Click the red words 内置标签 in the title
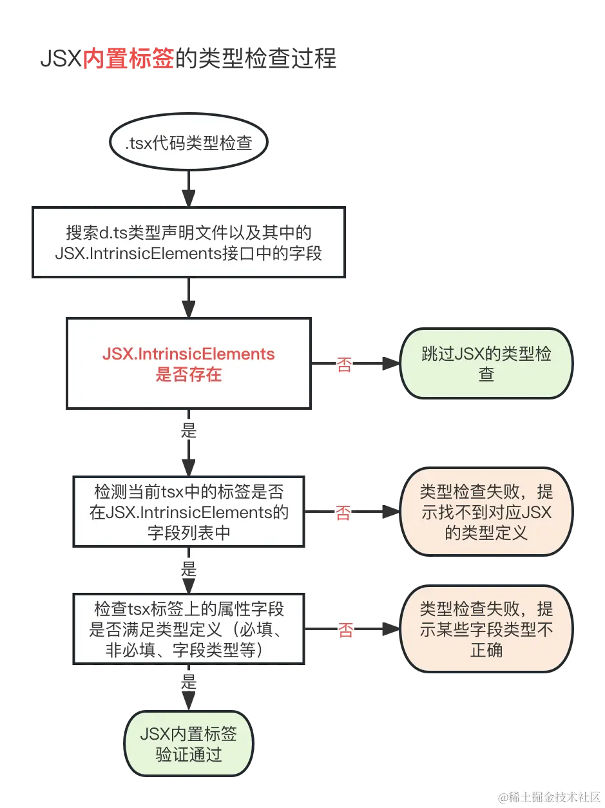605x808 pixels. (128, 59)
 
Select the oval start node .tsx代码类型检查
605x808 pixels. (188, 144)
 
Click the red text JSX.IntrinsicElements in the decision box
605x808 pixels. (188, 354)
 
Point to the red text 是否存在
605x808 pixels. (188, 374)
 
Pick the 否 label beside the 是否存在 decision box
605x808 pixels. (345, 365)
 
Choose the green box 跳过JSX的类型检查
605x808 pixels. (486, 364)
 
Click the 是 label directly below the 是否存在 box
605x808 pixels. (189, 430)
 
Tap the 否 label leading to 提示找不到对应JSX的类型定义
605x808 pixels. (343, 513)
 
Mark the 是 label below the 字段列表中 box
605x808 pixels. (189, 570)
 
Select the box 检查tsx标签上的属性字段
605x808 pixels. (188, 629)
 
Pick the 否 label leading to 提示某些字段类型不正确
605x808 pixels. (345, 630)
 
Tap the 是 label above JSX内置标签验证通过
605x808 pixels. (189, 682)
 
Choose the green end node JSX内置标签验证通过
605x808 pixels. (188, 744)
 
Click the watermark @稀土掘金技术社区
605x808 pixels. (548, 796)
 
